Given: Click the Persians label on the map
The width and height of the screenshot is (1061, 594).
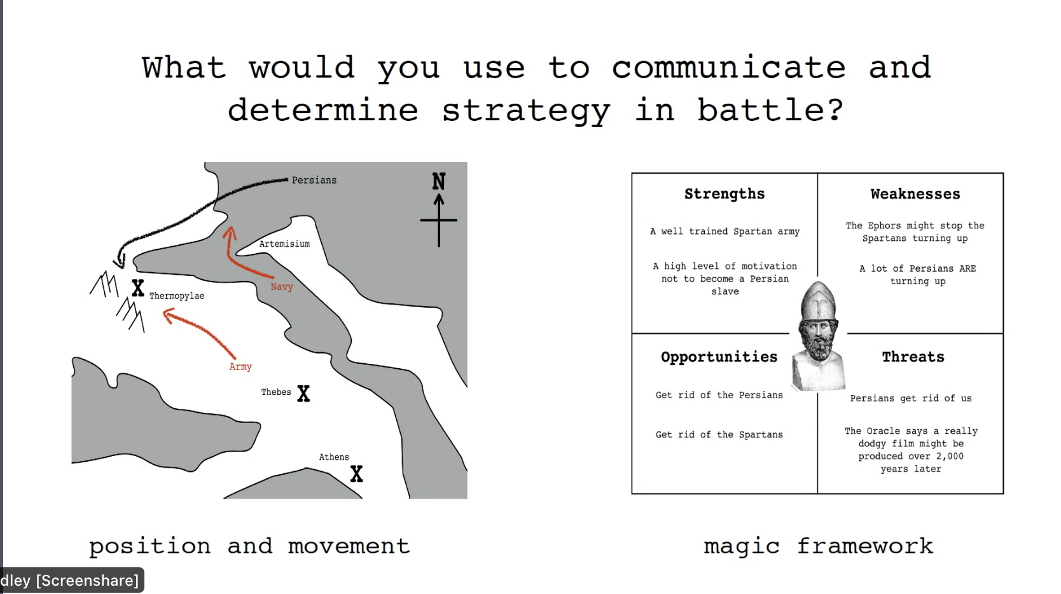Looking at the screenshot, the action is pyautogui.click(x=314, y=180).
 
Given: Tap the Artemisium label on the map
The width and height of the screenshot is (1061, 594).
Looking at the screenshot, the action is pyautogui.click(x=284, y=244).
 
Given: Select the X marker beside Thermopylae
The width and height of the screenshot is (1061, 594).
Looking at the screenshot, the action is pyautogui.click(x=138, y=288).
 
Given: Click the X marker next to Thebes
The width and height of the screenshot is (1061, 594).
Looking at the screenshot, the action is pyautogui.click(x=303, y=393).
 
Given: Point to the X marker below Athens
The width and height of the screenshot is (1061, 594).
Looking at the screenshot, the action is pyautogui.click(x=357, y=474).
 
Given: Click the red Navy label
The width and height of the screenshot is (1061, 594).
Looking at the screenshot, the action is pyautogui.click(x=282, y=287).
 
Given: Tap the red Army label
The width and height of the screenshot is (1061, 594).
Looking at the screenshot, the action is pyautogui.click(x=240, y=366).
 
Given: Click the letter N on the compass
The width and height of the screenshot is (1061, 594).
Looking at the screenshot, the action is pyautogui.click(x=439, y=181).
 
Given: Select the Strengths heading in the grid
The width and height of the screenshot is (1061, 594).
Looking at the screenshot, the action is pyautogui.click(x=725, y=194).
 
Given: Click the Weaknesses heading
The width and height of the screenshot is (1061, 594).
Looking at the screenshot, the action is pyautogui.click(x=915, y=194).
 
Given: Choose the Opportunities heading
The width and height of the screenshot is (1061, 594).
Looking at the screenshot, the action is pyautogui.click(x=719, y=357).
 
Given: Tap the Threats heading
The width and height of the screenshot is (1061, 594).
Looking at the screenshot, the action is pyautogui.click(x=913, y=357).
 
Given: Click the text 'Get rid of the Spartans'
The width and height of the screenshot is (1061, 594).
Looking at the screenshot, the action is pyautogui.click(x=719, y=434).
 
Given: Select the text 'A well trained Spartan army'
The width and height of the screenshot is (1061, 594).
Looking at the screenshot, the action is pyautogui.click(x=725, y=231).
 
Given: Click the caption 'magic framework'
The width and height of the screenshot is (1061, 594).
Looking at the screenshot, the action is pyautogui.click(x=819, y=547).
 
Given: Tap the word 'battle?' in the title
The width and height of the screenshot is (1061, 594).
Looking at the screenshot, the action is pyautogui.click(x=771, y=110).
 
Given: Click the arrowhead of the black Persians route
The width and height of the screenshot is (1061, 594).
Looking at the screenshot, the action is pyautogui.click(x=120, y=261).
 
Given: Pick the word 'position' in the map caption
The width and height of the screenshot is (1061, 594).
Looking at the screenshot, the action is pyautogui.click(x=149, y=547).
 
